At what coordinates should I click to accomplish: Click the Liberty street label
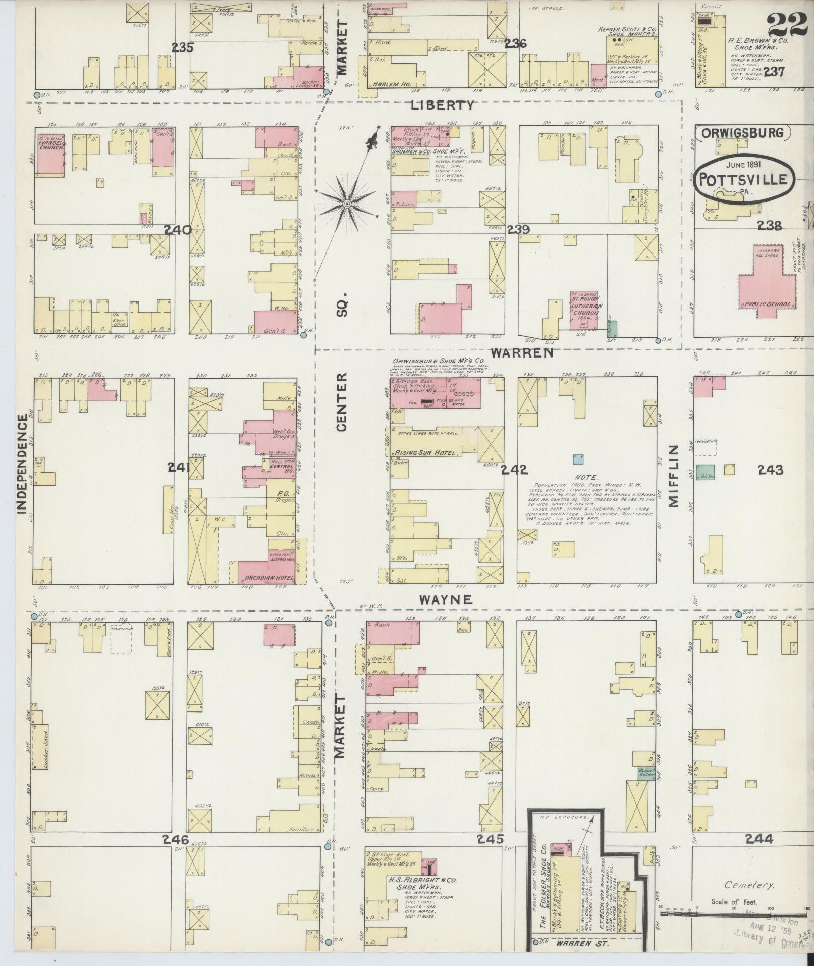click(x=443, y=105)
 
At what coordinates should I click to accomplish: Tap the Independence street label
click(x=22, y=464)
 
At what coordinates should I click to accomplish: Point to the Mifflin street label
click(x=675, y=476)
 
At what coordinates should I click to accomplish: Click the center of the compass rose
click(x=347, y=204)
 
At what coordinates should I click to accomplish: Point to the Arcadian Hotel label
click(x=266, y=577)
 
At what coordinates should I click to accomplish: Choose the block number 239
click(x=518, y=229)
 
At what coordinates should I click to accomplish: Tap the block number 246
click(x=175, y=840)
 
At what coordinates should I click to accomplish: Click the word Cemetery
click(x=748, y=885)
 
